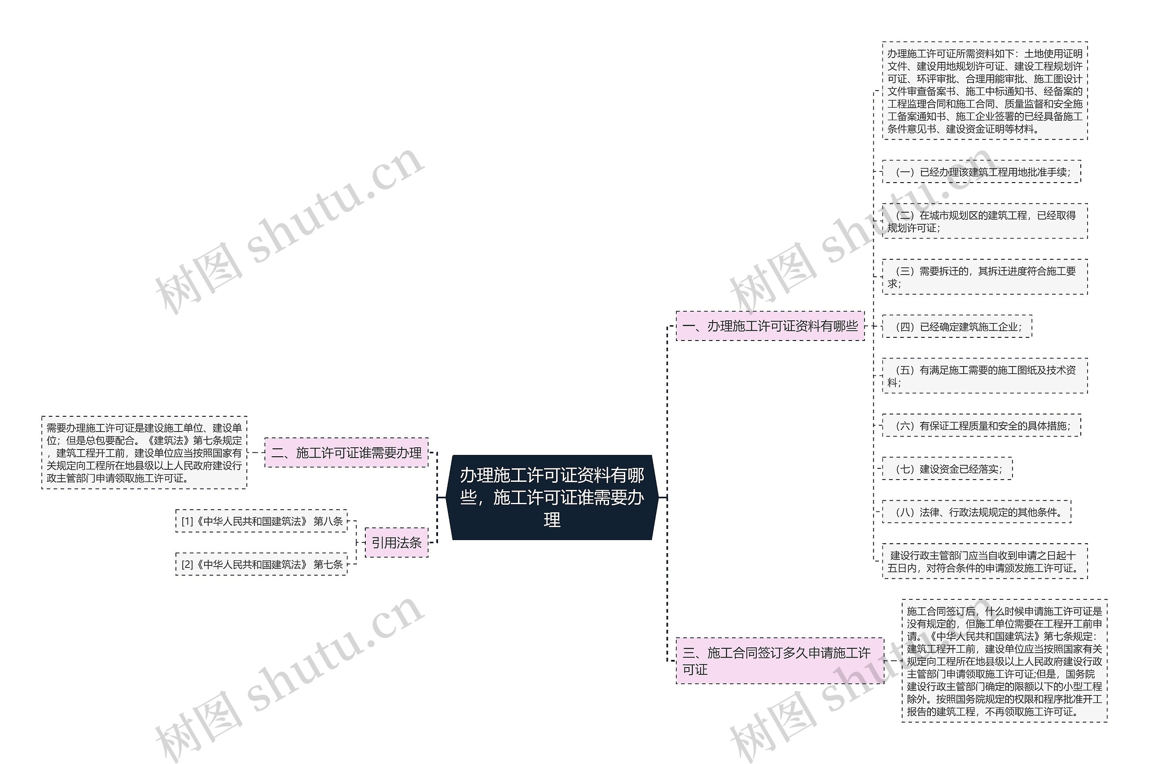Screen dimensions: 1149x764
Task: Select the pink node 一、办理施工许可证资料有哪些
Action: tap(770, 326)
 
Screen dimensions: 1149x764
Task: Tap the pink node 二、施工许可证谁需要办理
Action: tap(346, 453)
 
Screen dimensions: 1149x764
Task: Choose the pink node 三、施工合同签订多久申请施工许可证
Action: tap(779, 660)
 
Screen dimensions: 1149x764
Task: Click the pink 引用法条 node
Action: tap(396, 542)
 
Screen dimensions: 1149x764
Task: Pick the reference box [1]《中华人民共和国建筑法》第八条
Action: tap(262, 521)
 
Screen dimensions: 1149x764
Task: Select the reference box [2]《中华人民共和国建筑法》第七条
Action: tap(262, 564)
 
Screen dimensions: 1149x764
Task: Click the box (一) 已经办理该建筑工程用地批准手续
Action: tap(981, 172)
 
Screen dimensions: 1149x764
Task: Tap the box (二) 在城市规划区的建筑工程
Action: tap(984, 221)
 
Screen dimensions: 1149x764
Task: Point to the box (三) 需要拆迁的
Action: tap(984, 277)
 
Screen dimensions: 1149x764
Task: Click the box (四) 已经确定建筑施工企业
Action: tap(957, 327)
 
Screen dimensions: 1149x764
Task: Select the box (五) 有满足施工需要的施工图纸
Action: tap(984, 375)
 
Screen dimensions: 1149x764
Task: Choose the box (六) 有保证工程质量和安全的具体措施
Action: tap(981, 426)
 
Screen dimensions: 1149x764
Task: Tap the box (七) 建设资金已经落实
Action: tap(947, 469)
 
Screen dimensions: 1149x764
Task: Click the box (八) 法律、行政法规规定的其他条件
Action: tap(977, 512)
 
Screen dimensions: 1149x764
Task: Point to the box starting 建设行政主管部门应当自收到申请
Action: tap(984, 561)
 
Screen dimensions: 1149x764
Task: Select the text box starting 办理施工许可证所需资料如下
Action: tap(984, 91)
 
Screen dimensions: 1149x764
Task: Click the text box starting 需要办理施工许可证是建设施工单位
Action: tap(144, 453)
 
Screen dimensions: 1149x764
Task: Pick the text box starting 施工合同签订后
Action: tap(1004, 661)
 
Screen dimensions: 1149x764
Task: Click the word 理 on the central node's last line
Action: tap(552, 520)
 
